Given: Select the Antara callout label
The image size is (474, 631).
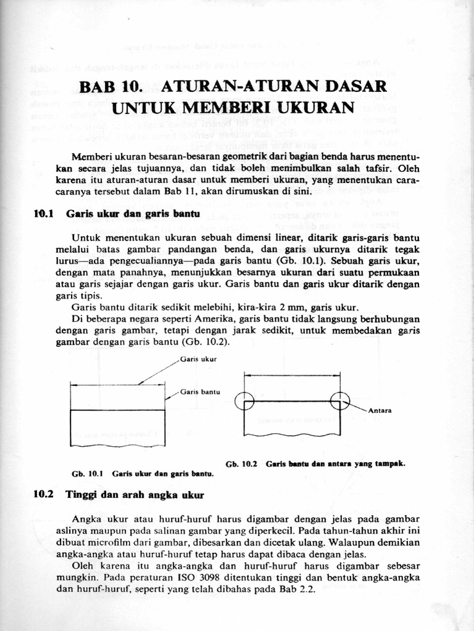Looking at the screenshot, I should coord(381,410).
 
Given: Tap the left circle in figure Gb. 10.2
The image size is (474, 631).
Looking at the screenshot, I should coord(244,401).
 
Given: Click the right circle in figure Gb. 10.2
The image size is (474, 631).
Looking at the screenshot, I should coord(339,401).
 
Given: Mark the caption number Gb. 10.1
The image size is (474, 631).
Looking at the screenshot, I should coord(87,474).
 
